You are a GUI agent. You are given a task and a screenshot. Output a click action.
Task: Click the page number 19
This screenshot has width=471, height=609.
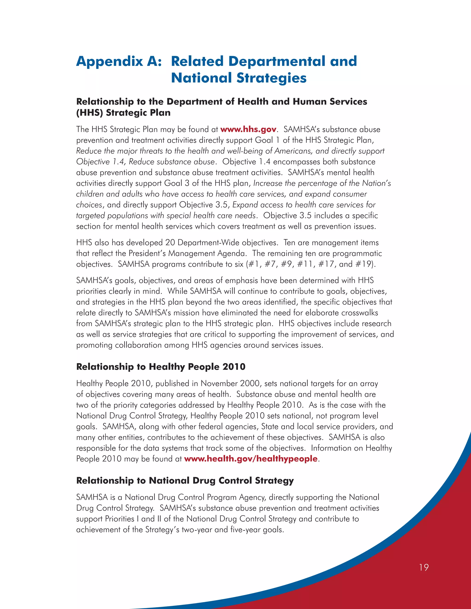[x=424, y=567]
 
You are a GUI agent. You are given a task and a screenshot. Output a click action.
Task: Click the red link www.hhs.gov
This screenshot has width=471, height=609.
[x=248, y=129]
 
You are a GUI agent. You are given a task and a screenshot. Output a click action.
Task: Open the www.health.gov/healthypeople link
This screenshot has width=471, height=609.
[x=251, y=459]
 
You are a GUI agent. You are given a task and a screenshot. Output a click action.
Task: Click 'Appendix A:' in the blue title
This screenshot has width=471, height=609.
[x=119, y=61]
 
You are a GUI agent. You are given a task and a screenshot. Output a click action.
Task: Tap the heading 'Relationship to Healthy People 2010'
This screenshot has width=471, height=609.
[x=161, y=367]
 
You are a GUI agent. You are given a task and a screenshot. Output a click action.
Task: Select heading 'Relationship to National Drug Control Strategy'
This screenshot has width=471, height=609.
[x=185, y=481]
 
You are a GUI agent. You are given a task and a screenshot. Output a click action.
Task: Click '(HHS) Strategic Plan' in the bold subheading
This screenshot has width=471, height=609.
[x=123, y=113]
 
